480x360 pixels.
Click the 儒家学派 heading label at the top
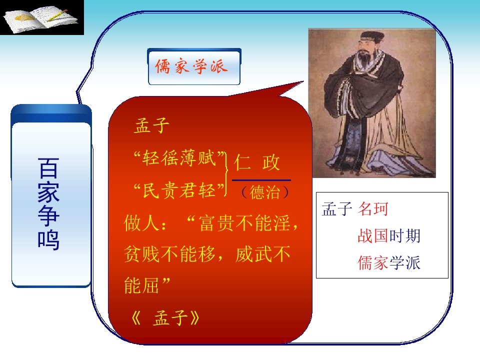click(x=191, y=66)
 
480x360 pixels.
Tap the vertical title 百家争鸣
click(x=48, y=203)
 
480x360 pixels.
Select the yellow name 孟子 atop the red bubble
click(x=151, y=125)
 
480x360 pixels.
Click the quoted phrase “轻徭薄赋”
click(x=179, y=158)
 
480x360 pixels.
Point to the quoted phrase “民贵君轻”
click(x=179, y=190)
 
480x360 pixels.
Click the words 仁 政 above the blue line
click(x=257, y=162)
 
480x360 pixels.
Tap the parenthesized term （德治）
click(x=265, y=192)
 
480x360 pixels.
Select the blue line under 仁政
click(x=261, y=180)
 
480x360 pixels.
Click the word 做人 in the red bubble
click(x=141, y=222)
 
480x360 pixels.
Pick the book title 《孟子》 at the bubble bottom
click(x=165, y=318)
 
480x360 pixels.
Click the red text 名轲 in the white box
click(x=373, y=209)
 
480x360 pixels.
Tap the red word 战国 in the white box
click(x=373, y=236)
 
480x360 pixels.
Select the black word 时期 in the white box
click(x=404, y=236)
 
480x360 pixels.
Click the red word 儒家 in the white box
click(x=373, y=262)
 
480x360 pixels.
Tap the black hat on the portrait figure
click(x=372, y=36)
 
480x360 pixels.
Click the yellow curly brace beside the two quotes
click(x=226, y=174)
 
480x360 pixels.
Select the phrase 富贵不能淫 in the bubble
click(x=244, y=222)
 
